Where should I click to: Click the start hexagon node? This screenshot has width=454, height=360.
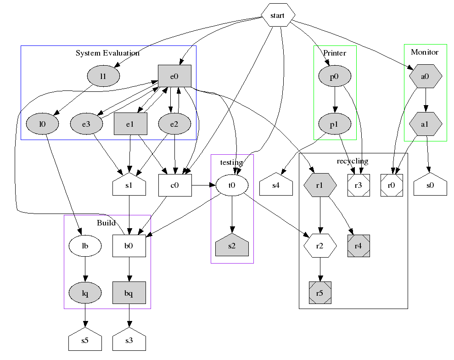tap(277, 16)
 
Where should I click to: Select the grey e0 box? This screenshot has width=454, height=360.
tap(174, 76)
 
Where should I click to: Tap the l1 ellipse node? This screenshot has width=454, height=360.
tap(103, 76)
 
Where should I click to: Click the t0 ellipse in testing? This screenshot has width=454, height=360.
tap(232, 186)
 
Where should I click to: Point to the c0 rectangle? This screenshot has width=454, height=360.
tap(174, 186)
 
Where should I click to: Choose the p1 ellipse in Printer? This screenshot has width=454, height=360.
tap(335, 124)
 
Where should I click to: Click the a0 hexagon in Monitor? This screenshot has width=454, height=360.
tap(426, 77)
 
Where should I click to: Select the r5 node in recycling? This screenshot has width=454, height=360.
tap(320, 293)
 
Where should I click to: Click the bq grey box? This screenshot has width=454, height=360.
tap(129, 293)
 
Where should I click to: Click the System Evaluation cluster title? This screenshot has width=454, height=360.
tap(107, 53)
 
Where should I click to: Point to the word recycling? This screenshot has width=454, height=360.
tap(353, 161)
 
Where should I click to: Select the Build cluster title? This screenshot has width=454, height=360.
tap(106, 223)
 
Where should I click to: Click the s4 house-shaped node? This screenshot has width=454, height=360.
tap(275, 186)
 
